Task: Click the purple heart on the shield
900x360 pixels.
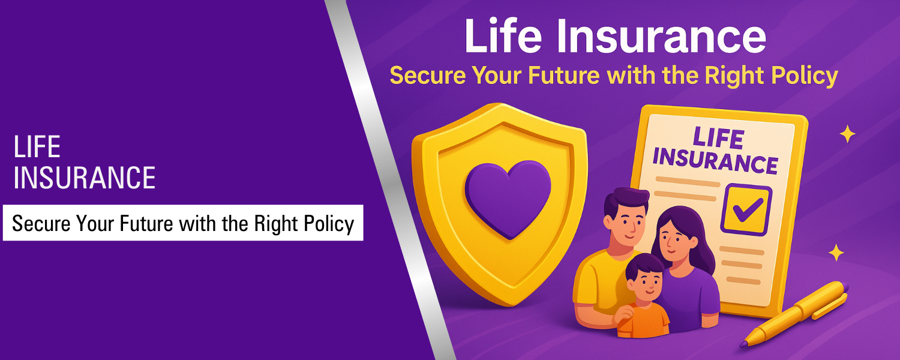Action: tap(508, 197)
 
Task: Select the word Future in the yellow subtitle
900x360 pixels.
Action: tap(555, 76)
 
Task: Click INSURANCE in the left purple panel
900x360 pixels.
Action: tap(84, 178)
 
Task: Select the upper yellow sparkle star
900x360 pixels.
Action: tap(847, 134)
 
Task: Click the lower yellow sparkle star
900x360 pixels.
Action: tap(836, 253)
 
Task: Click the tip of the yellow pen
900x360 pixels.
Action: tap(744, 344)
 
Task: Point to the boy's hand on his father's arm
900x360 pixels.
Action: tap(626, 313)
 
